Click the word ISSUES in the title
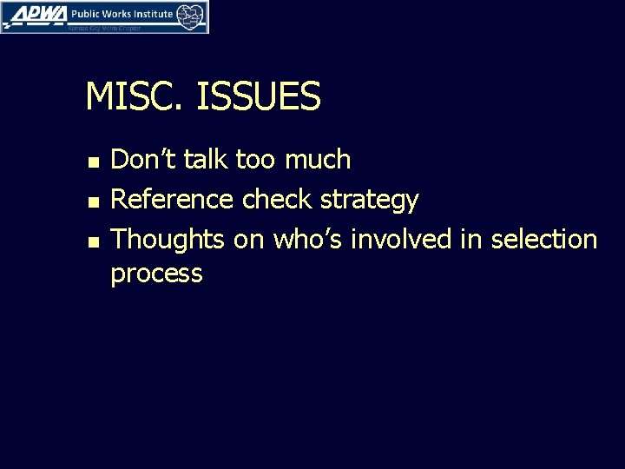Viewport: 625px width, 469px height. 259,96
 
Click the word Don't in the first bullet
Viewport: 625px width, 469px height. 142,160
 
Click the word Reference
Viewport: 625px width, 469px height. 172,200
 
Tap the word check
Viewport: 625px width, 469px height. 278,200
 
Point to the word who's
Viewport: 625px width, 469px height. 307,240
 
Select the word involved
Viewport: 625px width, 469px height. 401,240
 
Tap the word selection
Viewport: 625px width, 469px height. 544,240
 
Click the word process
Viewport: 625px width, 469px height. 156,275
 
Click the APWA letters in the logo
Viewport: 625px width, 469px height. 35,15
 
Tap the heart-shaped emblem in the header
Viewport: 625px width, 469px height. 191,16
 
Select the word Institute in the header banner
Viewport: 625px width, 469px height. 148,15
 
